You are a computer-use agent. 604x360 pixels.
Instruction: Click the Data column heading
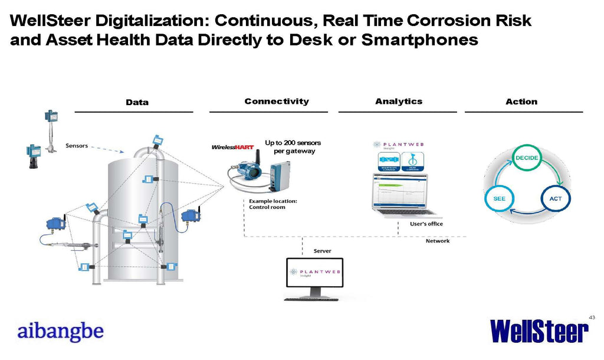click(x=137, y=102)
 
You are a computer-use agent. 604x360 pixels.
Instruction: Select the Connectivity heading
click(x=277, y=102)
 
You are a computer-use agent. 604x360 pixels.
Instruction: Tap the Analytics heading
click(x=399, y=102)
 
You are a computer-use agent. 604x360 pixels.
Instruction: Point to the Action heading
click(x=521, y=102)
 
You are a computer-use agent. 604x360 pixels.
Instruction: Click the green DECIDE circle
click(x=526, y=158)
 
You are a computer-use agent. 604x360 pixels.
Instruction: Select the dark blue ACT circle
click(x=555, y=198)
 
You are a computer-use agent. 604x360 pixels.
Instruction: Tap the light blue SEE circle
click(x=499, y=199)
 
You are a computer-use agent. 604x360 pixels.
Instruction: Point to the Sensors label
click(x=77, y=146)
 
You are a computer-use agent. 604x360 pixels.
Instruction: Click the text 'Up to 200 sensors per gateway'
click(x=292, y=147)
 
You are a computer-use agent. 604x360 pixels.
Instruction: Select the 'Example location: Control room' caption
click(x=273, y=204)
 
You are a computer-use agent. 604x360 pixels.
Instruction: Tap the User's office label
click(x=426, y=224)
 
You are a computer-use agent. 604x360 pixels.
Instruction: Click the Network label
click(x=438, y=241)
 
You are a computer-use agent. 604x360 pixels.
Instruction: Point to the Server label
click(x=322, y=251)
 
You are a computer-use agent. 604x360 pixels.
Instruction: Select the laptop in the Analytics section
click(x=403, y=195)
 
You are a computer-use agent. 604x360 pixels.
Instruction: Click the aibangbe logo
click(x=60, y=331)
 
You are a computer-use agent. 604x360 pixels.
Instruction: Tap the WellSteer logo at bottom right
click(x=539, y=331)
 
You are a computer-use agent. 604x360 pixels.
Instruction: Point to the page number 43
click(x=592, y=318)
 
